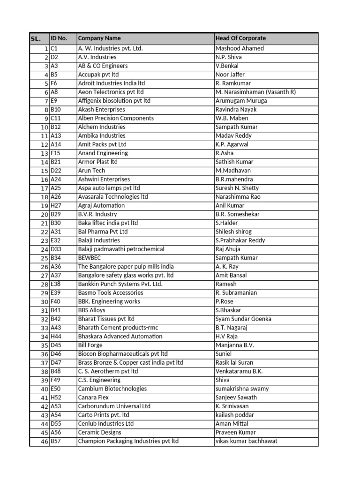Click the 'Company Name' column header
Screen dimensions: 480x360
99,38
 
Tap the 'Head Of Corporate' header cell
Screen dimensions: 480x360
240,38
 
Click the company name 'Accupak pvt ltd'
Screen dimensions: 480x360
98,75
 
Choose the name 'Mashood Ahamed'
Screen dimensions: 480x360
240,48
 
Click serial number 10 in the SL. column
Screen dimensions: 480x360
45,127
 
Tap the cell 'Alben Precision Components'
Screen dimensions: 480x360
116,118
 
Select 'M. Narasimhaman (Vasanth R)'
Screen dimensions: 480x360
255,92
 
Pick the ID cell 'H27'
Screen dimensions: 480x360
56,205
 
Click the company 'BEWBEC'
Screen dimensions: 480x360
90,258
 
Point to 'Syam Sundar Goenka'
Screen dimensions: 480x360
243,319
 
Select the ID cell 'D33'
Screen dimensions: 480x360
56,249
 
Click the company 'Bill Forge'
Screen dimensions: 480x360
90,345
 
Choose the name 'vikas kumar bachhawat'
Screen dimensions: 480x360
247,441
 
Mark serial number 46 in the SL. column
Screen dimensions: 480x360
45,442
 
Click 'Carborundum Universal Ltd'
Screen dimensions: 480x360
114,406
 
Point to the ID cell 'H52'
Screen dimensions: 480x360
56,397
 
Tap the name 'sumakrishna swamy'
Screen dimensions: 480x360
242,389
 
